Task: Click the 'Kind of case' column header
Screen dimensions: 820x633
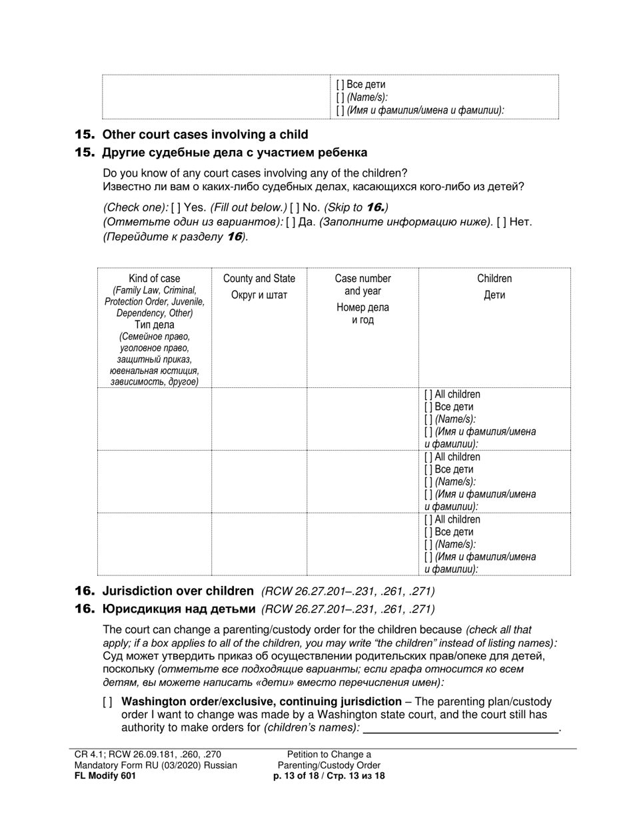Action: pyautogui.click(x=154, y=279)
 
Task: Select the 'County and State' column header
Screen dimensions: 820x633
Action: pyautogui.click(x=259, y=279)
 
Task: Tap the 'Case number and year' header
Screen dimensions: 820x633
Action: pyautogui.click(x=362, y=285)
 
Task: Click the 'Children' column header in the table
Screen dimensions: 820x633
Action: pyautogui.click(x=494, y=279)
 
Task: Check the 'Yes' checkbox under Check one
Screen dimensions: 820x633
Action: pyautogui.click(x=176, y=207)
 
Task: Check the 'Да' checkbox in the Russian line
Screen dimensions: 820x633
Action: pyautogui.click(x=291, y=222)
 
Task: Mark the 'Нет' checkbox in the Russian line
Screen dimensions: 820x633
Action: pyautogui.click(x=502, y=222)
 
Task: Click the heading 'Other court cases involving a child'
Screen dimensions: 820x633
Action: pyautogui.click(x=205, y=135)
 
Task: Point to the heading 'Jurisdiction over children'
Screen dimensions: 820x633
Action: pyautogui.click(x=178, y=591)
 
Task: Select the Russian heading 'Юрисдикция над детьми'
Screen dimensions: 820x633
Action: pyautogui.click(x=179, y=609)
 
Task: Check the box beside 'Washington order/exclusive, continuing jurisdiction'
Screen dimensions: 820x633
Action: pyautogui.click(x=108, y=702)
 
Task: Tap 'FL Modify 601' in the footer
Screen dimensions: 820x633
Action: pyautogui.click(x=105, y=776)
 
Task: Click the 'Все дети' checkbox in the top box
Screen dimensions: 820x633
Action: pyautogui.click(x=341, y=85)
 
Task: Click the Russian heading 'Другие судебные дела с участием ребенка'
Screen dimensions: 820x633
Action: pyautogui.click(x=235, y=153)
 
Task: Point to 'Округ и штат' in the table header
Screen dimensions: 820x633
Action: pyautogui.click(x=259, y=295)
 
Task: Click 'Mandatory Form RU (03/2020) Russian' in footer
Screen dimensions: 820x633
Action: pyautogui.click(x=156, y=765)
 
